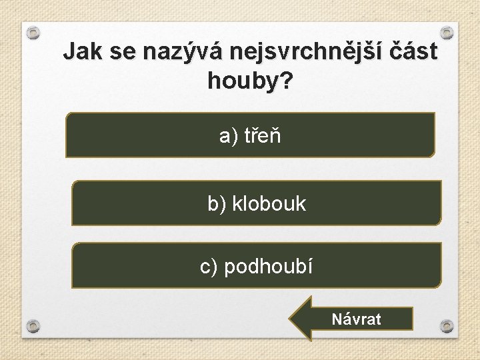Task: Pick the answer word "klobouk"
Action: click(269, 203)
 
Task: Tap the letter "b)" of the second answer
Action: click(217, 203)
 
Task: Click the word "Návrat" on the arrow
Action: click(357, 319)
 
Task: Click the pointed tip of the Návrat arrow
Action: click(291, 319)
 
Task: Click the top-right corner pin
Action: click(447, 31)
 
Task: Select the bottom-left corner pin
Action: click(33, 326)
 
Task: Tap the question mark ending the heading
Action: click(287, 81)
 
